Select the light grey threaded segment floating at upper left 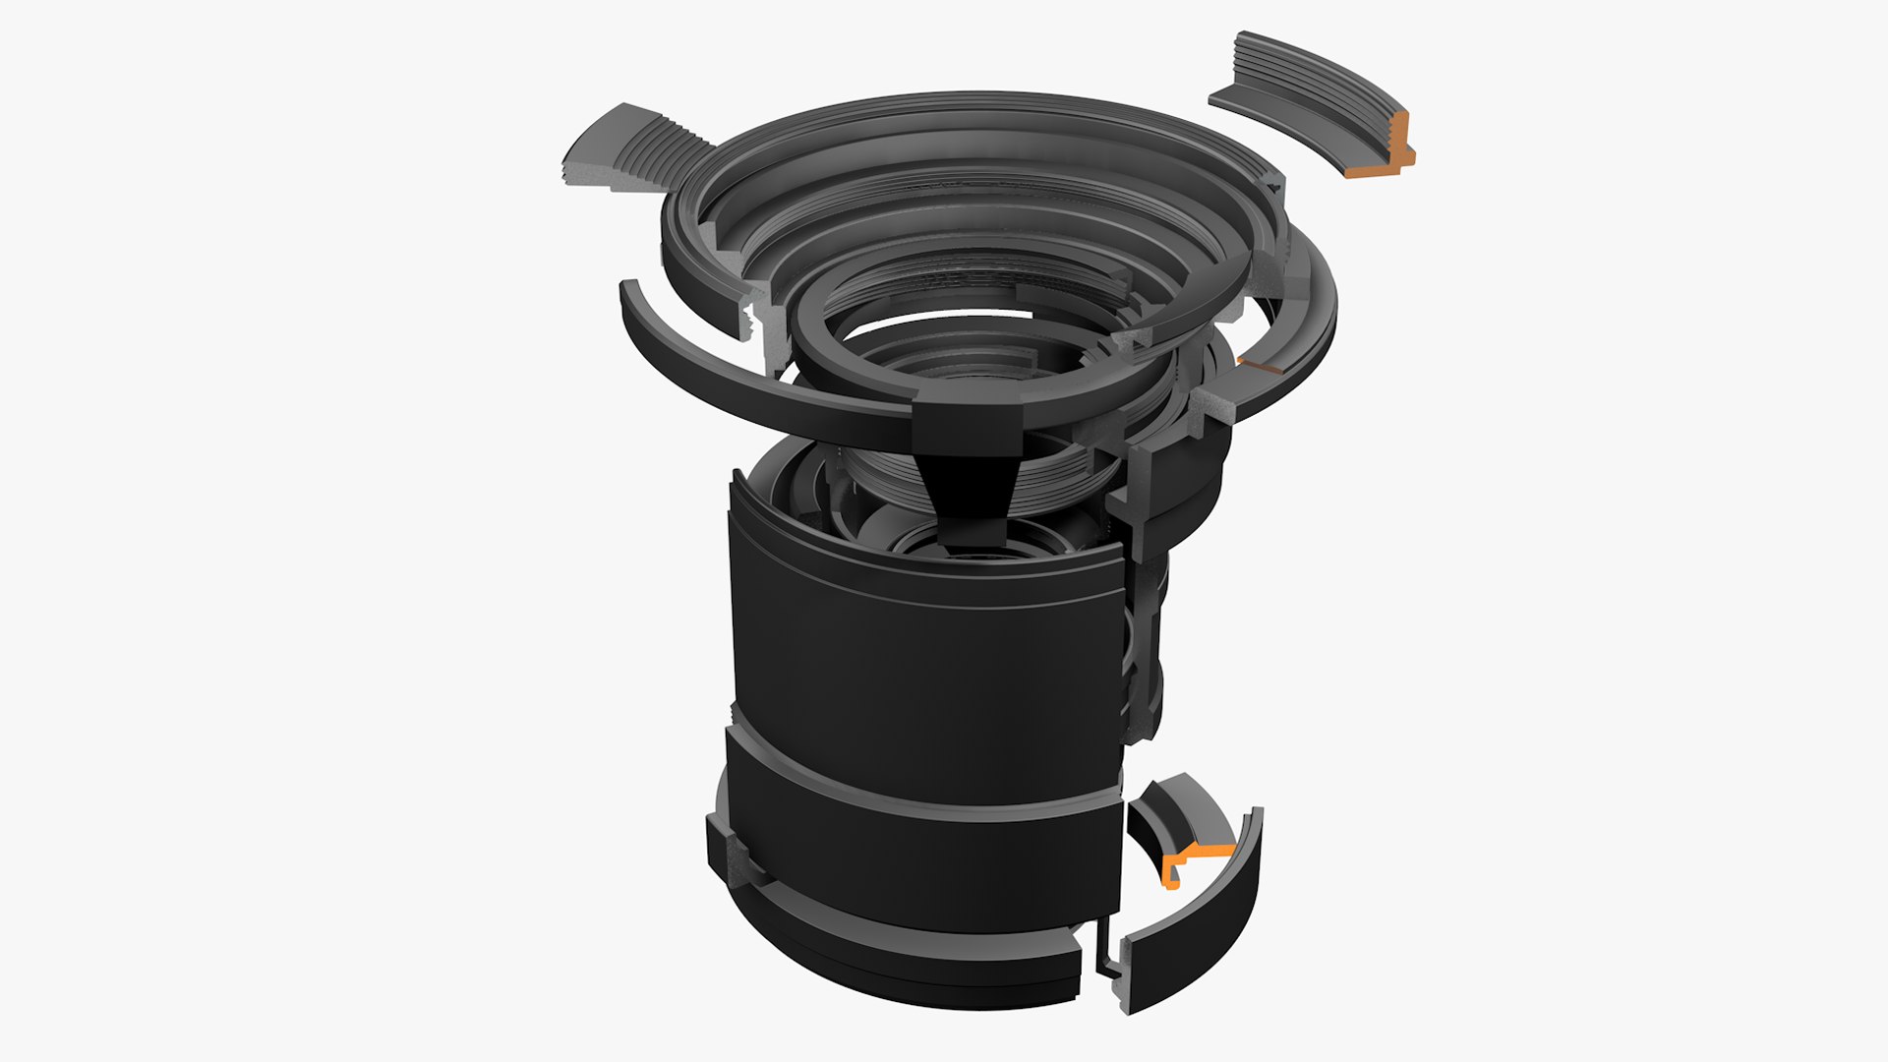(x=629, y=152)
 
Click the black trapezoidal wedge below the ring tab (x=969, y=492)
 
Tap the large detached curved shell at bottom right (x=1195, y=934)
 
